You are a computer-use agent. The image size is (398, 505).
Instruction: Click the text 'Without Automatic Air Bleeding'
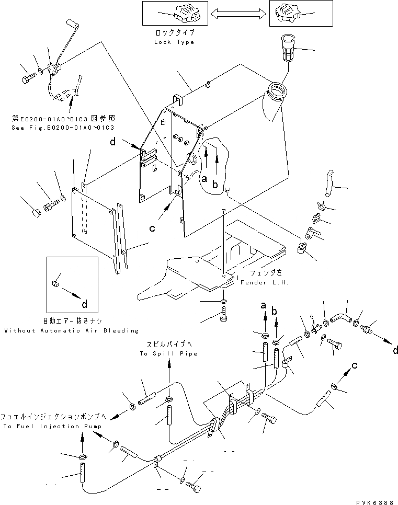tap(71, 330)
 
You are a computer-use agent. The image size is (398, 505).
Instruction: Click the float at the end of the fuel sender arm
tap(71, 24)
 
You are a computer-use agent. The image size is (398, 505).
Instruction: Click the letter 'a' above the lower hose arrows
tap(264, 305)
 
